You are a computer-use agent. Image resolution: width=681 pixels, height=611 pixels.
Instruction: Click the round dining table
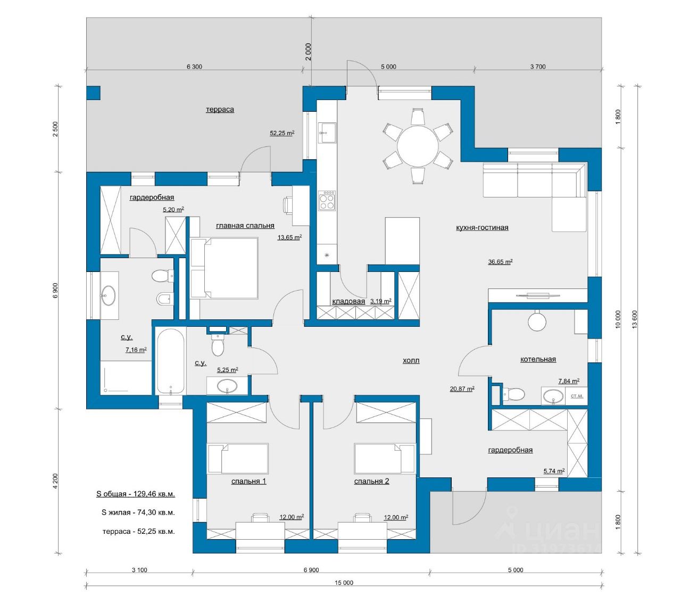tap(418, 146)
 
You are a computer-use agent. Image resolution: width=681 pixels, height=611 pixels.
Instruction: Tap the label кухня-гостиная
tap(482, 228)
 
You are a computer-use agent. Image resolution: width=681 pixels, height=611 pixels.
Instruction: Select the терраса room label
tap(220, 110)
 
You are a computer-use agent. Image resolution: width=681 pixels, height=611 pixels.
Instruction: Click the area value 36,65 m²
tap(500, 262)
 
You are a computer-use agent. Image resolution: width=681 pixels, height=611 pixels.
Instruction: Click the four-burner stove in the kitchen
tap(327, 201)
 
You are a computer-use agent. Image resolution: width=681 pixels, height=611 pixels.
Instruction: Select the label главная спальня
tap(245, 226)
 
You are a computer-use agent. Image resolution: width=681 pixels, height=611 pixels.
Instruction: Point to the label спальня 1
tap(248, 482)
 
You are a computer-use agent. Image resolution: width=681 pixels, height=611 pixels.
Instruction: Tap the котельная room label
tap(538, 360)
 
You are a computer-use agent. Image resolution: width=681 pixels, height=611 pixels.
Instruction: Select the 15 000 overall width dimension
tap(344, 583)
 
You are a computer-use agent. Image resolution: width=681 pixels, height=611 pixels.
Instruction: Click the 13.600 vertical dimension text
tap(635, 319)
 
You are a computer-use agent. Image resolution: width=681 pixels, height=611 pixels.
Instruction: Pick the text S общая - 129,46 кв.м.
tap(136, 494)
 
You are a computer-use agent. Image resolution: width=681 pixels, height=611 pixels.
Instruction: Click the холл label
tap(411, 361)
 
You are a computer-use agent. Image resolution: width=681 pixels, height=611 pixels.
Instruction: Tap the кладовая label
tap(348, 302)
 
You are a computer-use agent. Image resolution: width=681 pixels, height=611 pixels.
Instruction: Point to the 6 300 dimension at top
tap(194, 67)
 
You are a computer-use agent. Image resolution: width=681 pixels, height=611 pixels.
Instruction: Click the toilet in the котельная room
tap(513, 394)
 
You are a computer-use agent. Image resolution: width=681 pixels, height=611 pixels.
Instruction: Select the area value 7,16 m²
tap(136, 350)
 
